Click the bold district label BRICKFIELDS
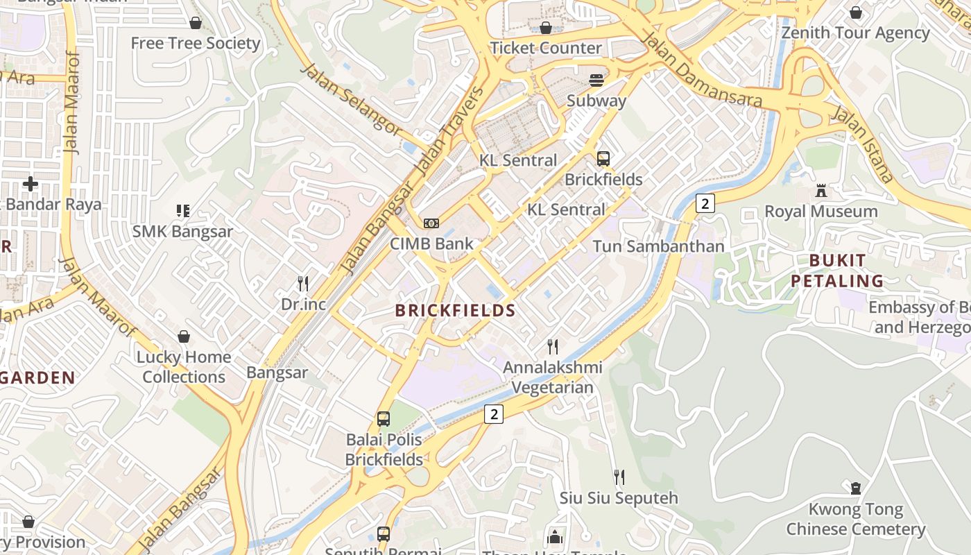(456, 310)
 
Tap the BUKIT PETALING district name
(837, 271)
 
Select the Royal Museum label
(820, 211)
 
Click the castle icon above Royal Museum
(821, 191)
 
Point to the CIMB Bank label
(431, 244)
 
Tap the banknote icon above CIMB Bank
(431, 223)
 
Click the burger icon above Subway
(596, 80)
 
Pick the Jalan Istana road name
(863, 144)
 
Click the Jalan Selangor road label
(351, 99)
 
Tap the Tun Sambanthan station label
(658, 246)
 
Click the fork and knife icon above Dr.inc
(303, 283)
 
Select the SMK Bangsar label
(182, 231)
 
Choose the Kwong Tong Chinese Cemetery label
(855, 519)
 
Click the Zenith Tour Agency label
(855, 33)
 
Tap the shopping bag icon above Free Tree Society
(196, 23)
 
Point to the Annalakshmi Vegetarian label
(552, 377)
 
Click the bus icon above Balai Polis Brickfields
(384, 419)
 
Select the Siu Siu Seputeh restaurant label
(619, 497)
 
